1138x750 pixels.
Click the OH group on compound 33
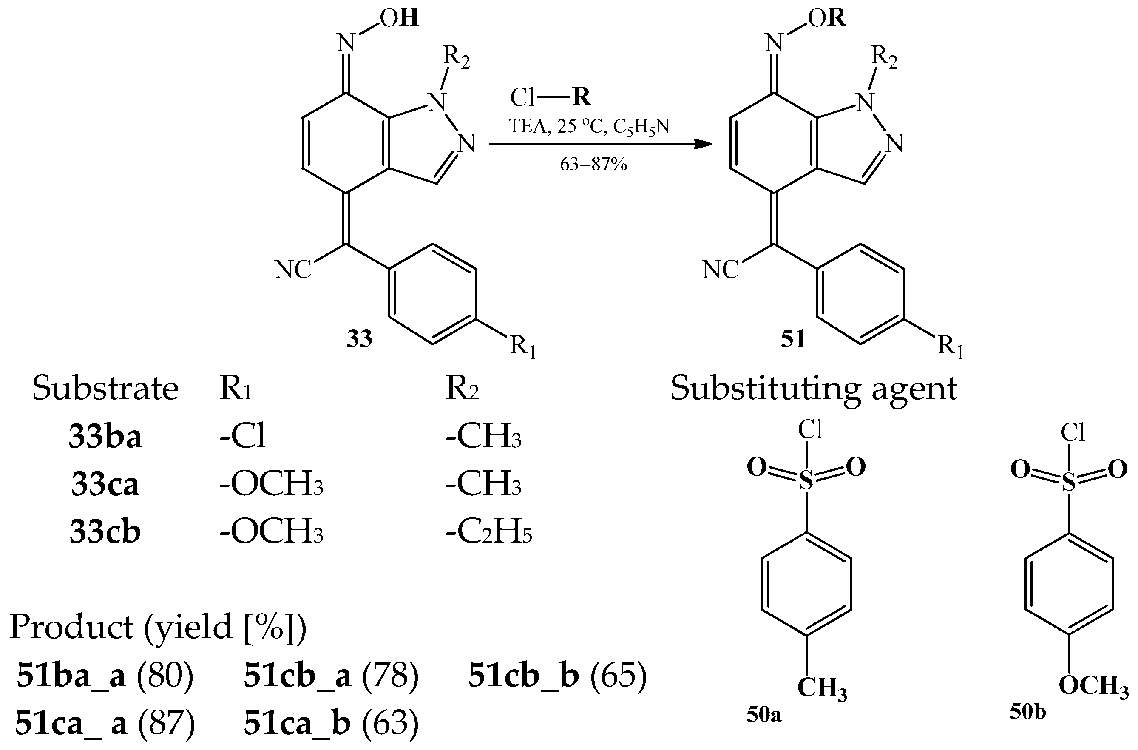[399, 18]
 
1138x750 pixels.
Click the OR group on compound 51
[827, 18]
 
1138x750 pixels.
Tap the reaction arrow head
[704, 144]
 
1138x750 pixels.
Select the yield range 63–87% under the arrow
[593, 165]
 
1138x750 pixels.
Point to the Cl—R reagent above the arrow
[551, 97]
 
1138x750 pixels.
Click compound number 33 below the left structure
[359, 338]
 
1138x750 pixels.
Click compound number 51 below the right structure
[793, 338]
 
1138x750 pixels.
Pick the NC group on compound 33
[292, 270]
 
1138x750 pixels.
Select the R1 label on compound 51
[951, 347]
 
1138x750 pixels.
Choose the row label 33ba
[105, 436]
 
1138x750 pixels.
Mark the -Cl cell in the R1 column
[242, 436]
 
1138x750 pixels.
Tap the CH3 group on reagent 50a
[821, 688]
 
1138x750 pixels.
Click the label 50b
[1027, 712]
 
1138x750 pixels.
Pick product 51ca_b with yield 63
[331, 723]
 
